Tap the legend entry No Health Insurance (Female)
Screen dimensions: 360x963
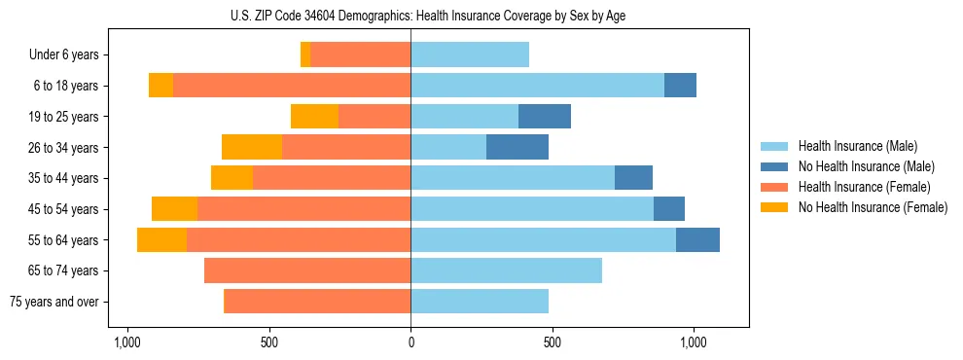[x=873, y=207]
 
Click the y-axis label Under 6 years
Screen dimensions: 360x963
[x=63, y=55]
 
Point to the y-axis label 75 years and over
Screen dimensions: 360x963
[x=53, y=302]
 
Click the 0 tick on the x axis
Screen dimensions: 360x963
[x=410, y=342]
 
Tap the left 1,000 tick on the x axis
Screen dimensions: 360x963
[x=128, y=342]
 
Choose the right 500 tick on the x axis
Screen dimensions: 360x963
[x=552, y=342]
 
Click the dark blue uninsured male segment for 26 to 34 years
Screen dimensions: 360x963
[x=517, y=147]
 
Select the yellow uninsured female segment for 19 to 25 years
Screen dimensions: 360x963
[x=314, y=117]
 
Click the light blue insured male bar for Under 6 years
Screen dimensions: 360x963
[x=470, y=54]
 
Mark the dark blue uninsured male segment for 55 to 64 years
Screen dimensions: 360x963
[x=697, y=239]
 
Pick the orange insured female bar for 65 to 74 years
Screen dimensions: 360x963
[x=307, y=270]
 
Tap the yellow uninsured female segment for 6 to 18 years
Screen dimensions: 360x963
[x=160, y=86]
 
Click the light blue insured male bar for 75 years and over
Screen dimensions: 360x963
[x=480, y=302]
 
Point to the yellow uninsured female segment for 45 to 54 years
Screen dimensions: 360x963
[x=174, y=209]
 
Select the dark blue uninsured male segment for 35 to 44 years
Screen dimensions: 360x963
[x=633, y=178]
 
